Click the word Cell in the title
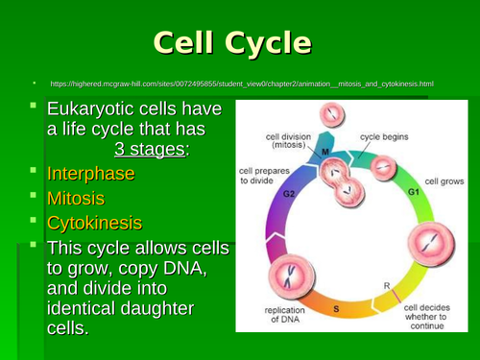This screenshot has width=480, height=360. tap(184, 44)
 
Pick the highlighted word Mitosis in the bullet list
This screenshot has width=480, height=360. tap(76, 200)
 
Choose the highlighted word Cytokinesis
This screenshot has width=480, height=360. tap(94, 224)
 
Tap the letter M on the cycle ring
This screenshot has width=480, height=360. tap(325, 152)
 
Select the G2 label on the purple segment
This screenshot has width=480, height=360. tap(288, 193)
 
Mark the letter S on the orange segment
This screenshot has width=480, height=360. tap(335, 309)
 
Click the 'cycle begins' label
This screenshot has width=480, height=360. tap(383, 137)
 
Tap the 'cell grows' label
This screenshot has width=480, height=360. tap(444, 180)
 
